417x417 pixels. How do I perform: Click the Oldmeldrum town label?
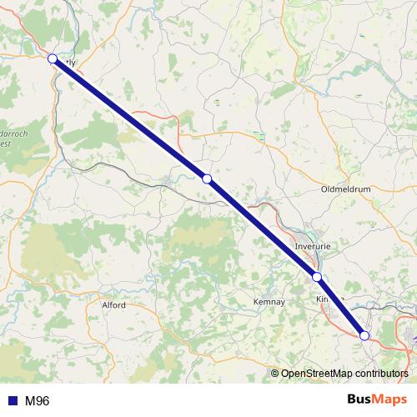point(344,189)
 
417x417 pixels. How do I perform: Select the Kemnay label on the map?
point(269,301)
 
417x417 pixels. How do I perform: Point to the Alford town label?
point(113,305)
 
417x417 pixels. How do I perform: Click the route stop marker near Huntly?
point(53,58)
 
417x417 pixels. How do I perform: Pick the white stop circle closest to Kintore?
point(317,277)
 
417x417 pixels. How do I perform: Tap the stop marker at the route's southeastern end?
point(364,335)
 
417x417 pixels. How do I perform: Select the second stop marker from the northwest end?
point(207,178)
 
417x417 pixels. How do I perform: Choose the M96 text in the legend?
point(37,401)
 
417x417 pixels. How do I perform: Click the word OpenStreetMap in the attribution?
point(317,374)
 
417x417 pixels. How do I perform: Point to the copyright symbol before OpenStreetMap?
point(276,374)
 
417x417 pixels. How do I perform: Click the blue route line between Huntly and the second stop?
point(129,118)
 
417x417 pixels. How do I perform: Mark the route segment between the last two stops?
point(340,306)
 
